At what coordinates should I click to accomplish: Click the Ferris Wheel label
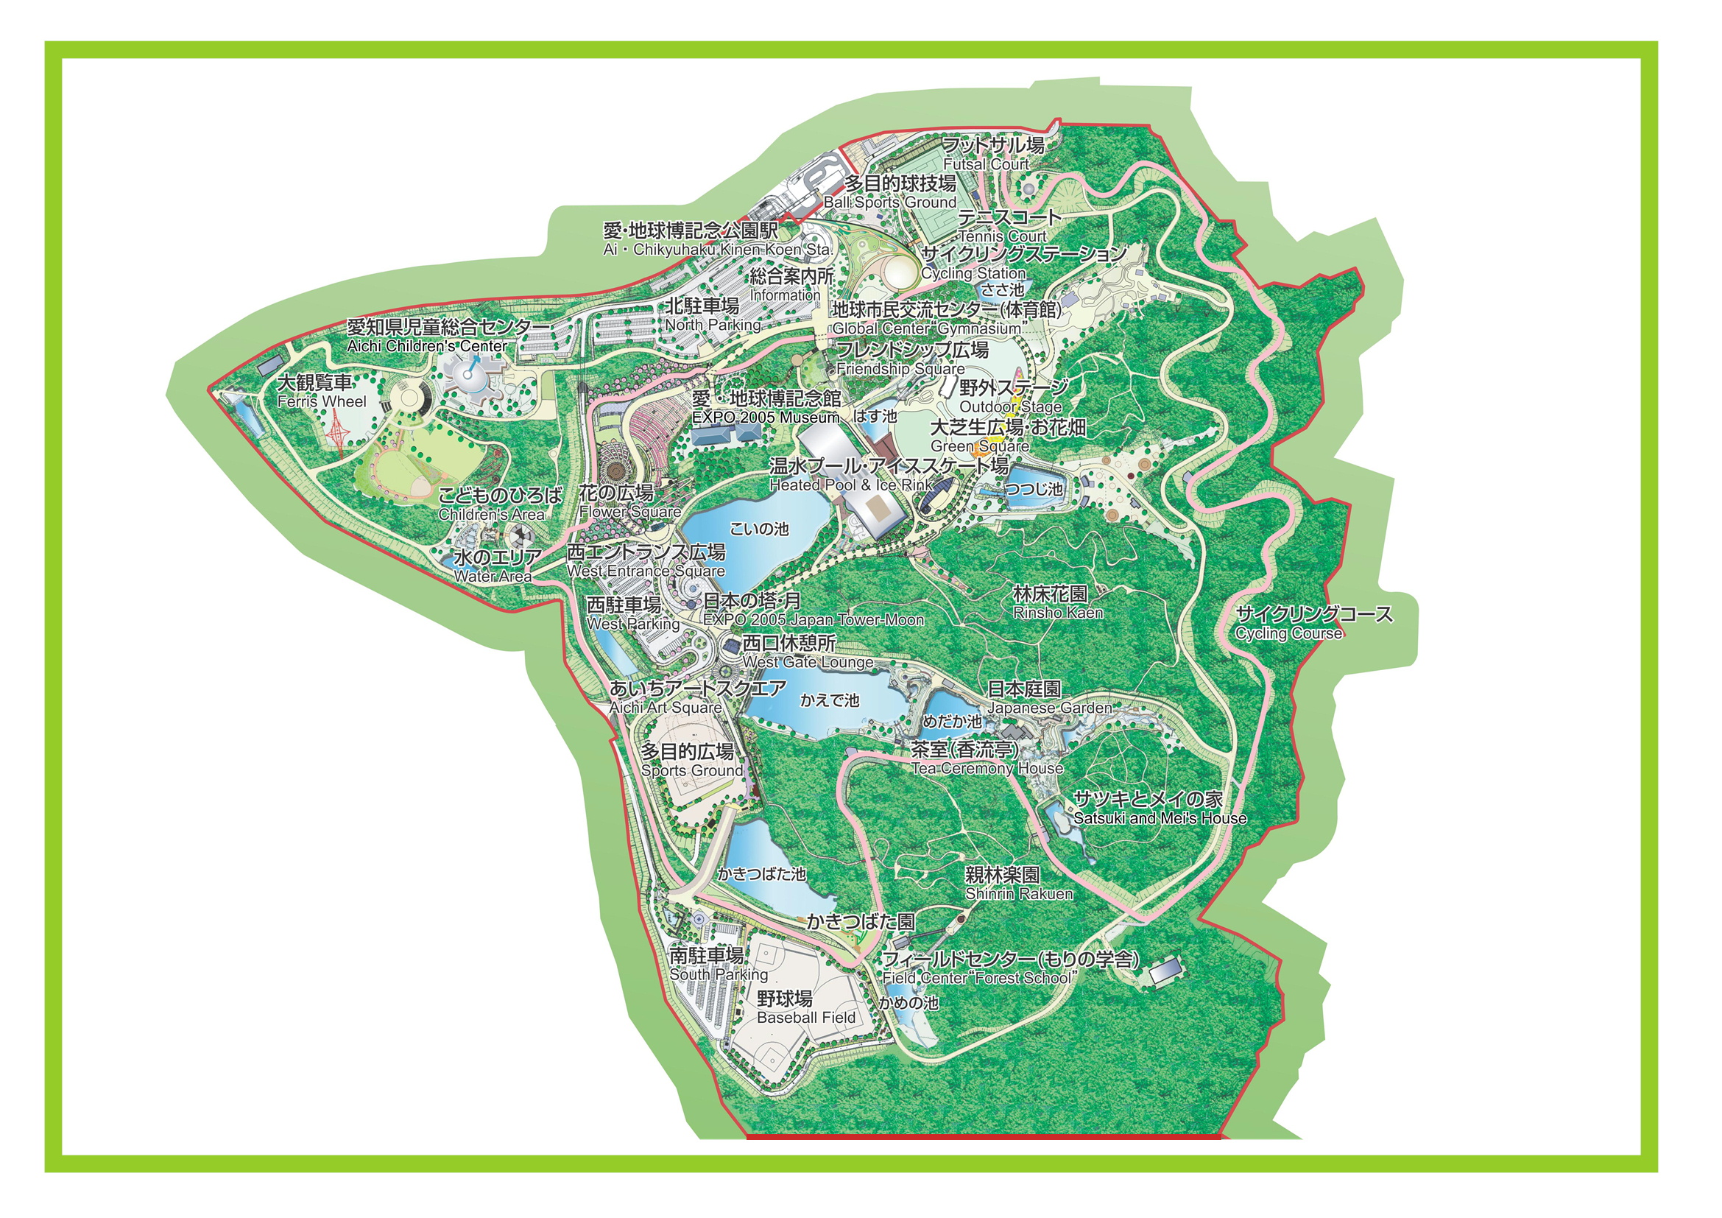tap(321, 392)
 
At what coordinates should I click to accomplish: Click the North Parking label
tap(712, 315)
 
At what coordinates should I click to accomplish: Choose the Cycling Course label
tap(1313, 623)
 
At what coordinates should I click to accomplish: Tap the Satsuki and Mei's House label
tap(1159, 809)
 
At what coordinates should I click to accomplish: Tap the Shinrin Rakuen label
tap(1017, 884)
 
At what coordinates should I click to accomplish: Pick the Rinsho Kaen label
tap(1056, 603)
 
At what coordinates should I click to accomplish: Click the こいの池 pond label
tap(759, 529)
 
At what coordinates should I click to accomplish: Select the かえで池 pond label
tap(829, 700)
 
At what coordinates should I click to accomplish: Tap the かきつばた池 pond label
tap(761, 874)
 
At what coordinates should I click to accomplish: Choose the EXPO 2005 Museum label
tap(765, 407)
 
